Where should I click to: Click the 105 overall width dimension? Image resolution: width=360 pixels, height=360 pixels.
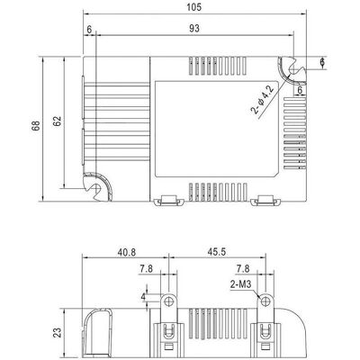(x=194, y=7)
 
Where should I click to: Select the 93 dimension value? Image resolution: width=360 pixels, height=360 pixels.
(x=194, y=29)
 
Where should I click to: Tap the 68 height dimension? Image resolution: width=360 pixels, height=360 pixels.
(x=36, y=126)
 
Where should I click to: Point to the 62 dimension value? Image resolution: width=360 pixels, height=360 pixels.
(x=58, y=121)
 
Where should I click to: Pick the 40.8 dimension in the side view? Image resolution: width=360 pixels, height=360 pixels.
(x=126, y=252)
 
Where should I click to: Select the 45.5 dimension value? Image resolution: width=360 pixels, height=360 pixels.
(x=217, y=252)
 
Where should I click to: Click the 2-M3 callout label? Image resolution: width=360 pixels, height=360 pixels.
(x=240, y=284)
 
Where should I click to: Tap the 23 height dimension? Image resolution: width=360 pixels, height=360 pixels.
(x=58, y=332)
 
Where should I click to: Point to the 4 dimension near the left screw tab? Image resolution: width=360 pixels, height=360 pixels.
(x=143, y=297)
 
